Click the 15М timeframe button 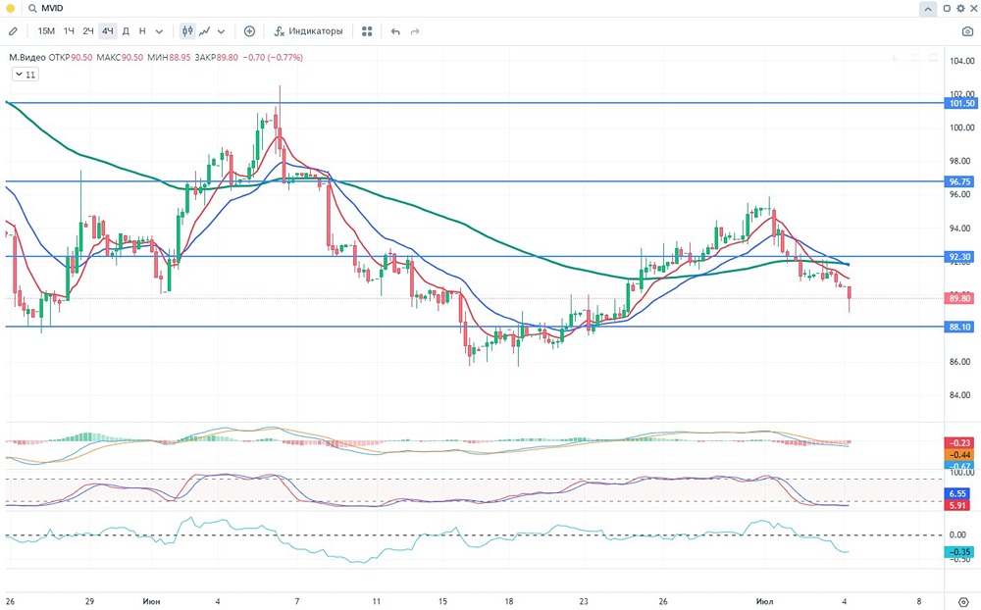(x=46, y=31)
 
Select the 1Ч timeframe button (x=69, y=31)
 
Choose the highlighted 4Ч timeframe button (x=108, y=31)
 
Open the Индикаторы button (x=308, y=31)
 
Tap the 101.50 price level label (x=960, y=103)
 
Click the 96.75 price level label (x=960, y=181)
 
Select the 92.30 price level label (x=960, y=257)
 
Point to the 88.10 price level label (x=960, y=328)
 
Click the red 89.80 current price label (x=960, y=298)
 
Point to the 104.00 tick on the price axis (x=960, y=61)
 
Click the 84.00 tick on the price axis (x=960, y=396)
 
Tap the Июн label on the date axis (x=151, y=600)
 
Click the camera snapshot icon (x=967, y=31)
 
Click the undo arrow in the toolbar (x=395, y=31)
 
